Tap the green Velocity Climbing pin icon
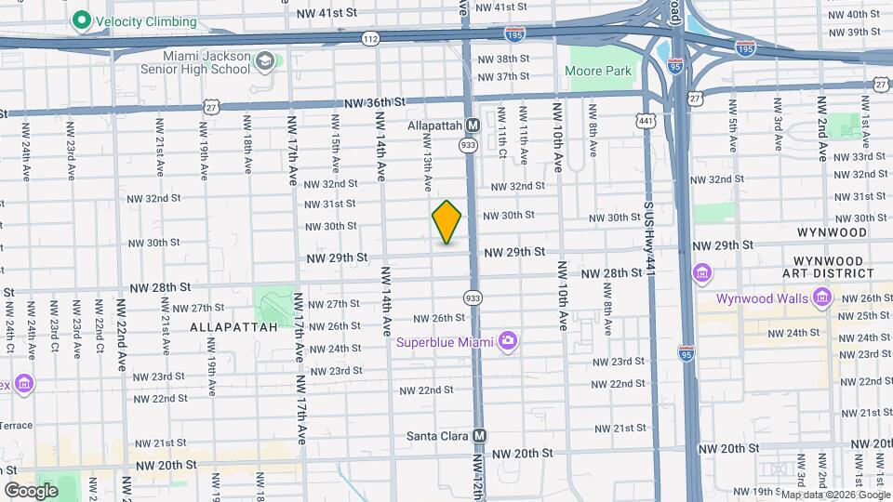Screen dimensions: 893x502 pos(81,19)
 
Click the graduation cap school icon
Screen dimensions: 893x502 pos(266,62)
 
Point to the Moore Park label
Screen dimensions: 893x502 pos(600,71)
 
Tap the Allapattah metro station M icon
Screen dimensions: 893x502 pos(473,125)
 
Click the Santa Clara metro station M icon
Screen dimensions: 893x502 pos(480,435)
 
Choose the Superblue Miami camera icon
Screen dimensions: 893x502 pos(508,341)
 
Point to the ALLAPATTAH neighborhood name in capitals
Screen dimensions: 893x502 pos(233,327)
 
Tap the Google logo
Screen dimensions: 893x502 pos(31,490)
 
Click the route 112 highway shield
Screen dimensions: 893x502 pos(370,38)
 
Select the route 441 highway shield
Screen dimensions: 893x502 pos(645,120)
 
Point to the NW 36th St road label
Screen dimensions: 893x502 pos(375,102)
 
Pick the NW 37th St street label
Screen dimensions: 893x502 pos(503,76)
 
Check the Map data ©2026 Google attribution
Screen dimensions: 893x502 pos(833,494)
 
